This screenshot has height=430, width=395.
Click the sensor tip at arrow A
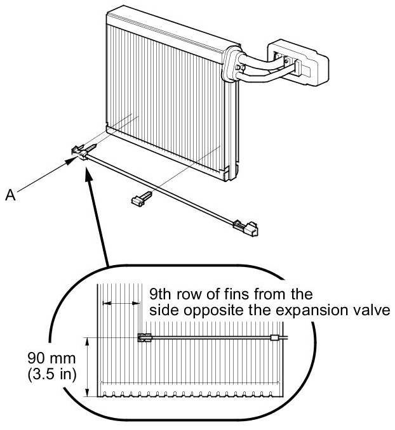pyautogui.click(x=81, y=152)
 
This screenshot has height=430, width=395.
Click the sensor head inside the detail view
pyautogui.click(x=144, y=337)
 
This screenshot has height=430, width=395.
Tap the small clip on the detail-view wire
pyautogui.click(x=274, y=338)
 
